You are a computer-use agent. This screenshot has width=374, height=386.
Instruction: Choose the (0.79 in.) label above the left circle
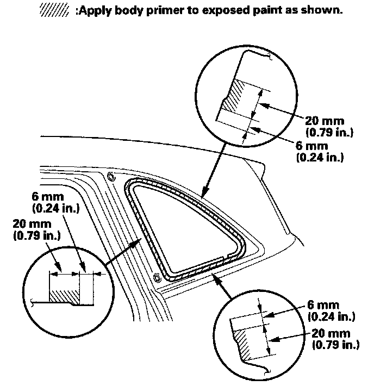tap(36, 236)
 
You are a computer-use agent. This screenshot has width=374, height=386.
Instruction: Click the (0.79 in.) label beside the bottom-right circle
tap(335, 345)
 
